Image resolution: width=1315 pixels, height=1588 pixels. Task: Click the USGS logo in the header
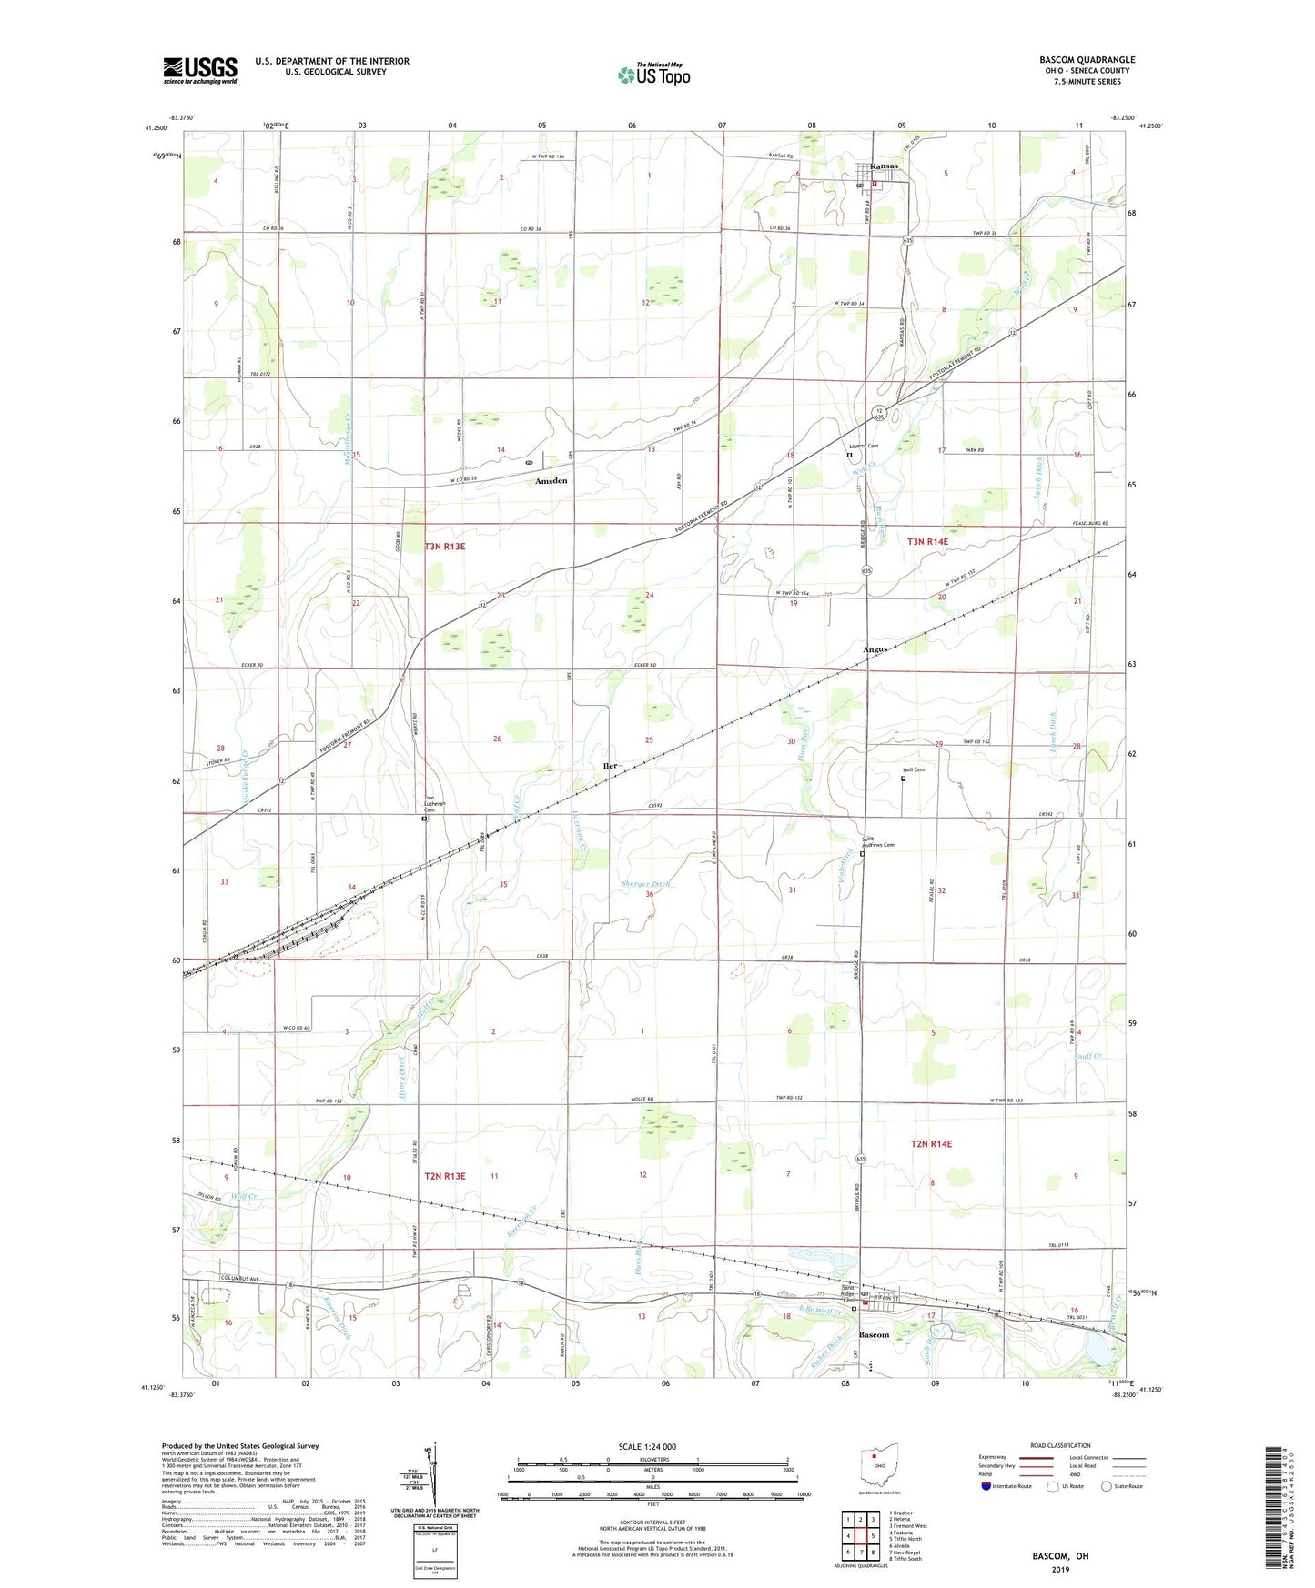click(200, 70)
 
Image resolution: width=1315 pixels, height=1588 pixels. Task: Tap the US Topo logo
click(652, 75)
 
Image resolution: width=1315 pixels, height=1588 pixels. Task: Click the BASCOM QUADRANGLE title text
click(1087, 60)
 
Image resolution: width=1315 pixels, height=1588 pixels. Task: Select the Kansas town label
click(884, 166)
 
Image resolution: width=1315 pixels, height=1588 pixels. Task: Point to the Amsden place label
click(551, 480)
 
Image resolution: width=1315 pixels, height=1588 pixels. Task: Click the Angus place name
click(875, 649)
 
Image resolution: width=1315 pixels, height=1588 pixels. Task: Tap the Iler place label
click(610, 766)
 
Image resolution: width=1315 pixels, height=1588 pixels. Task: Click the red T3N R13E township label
click(444, 547)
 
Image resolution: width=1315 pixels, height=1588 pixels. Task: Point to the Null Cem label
click(913, 770)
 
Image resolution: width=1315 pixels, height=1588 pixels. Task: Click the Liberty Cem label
click(864, 446)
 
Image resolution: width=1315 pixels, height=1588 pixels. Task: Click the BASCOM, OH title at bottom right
click(1060, 1556)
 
